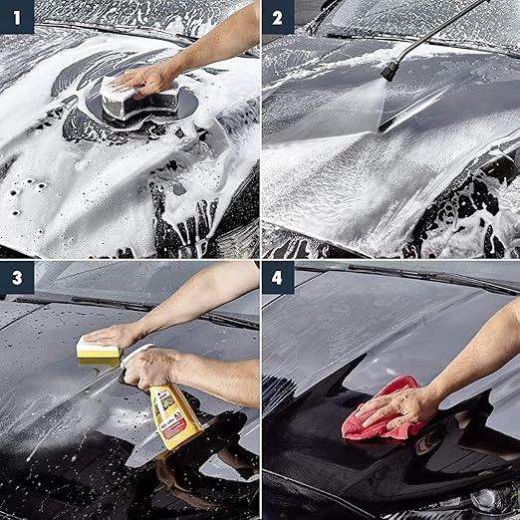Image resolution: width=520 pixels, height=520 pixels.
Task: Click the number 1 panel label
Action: pyautogui.click(x=17, y=17)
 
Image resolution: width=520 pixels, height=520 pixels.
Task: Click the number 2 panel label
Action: pyautogui.click(x=278, y=17)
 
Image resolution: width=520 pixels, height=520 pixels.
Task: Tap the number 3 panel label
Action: pyautogui.click(x=17, y=278)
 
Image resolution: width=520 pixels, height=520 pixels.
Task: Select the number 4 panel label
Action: pyautogui.click(x=278, y=278)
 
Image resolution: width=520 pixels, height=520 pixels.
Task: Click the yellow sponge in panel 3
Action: pyautogui.click(x=100, y=352)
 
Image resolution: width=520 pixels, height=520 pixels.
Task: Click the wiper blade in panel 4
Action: pyautogui.click(x=428, y=277)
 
